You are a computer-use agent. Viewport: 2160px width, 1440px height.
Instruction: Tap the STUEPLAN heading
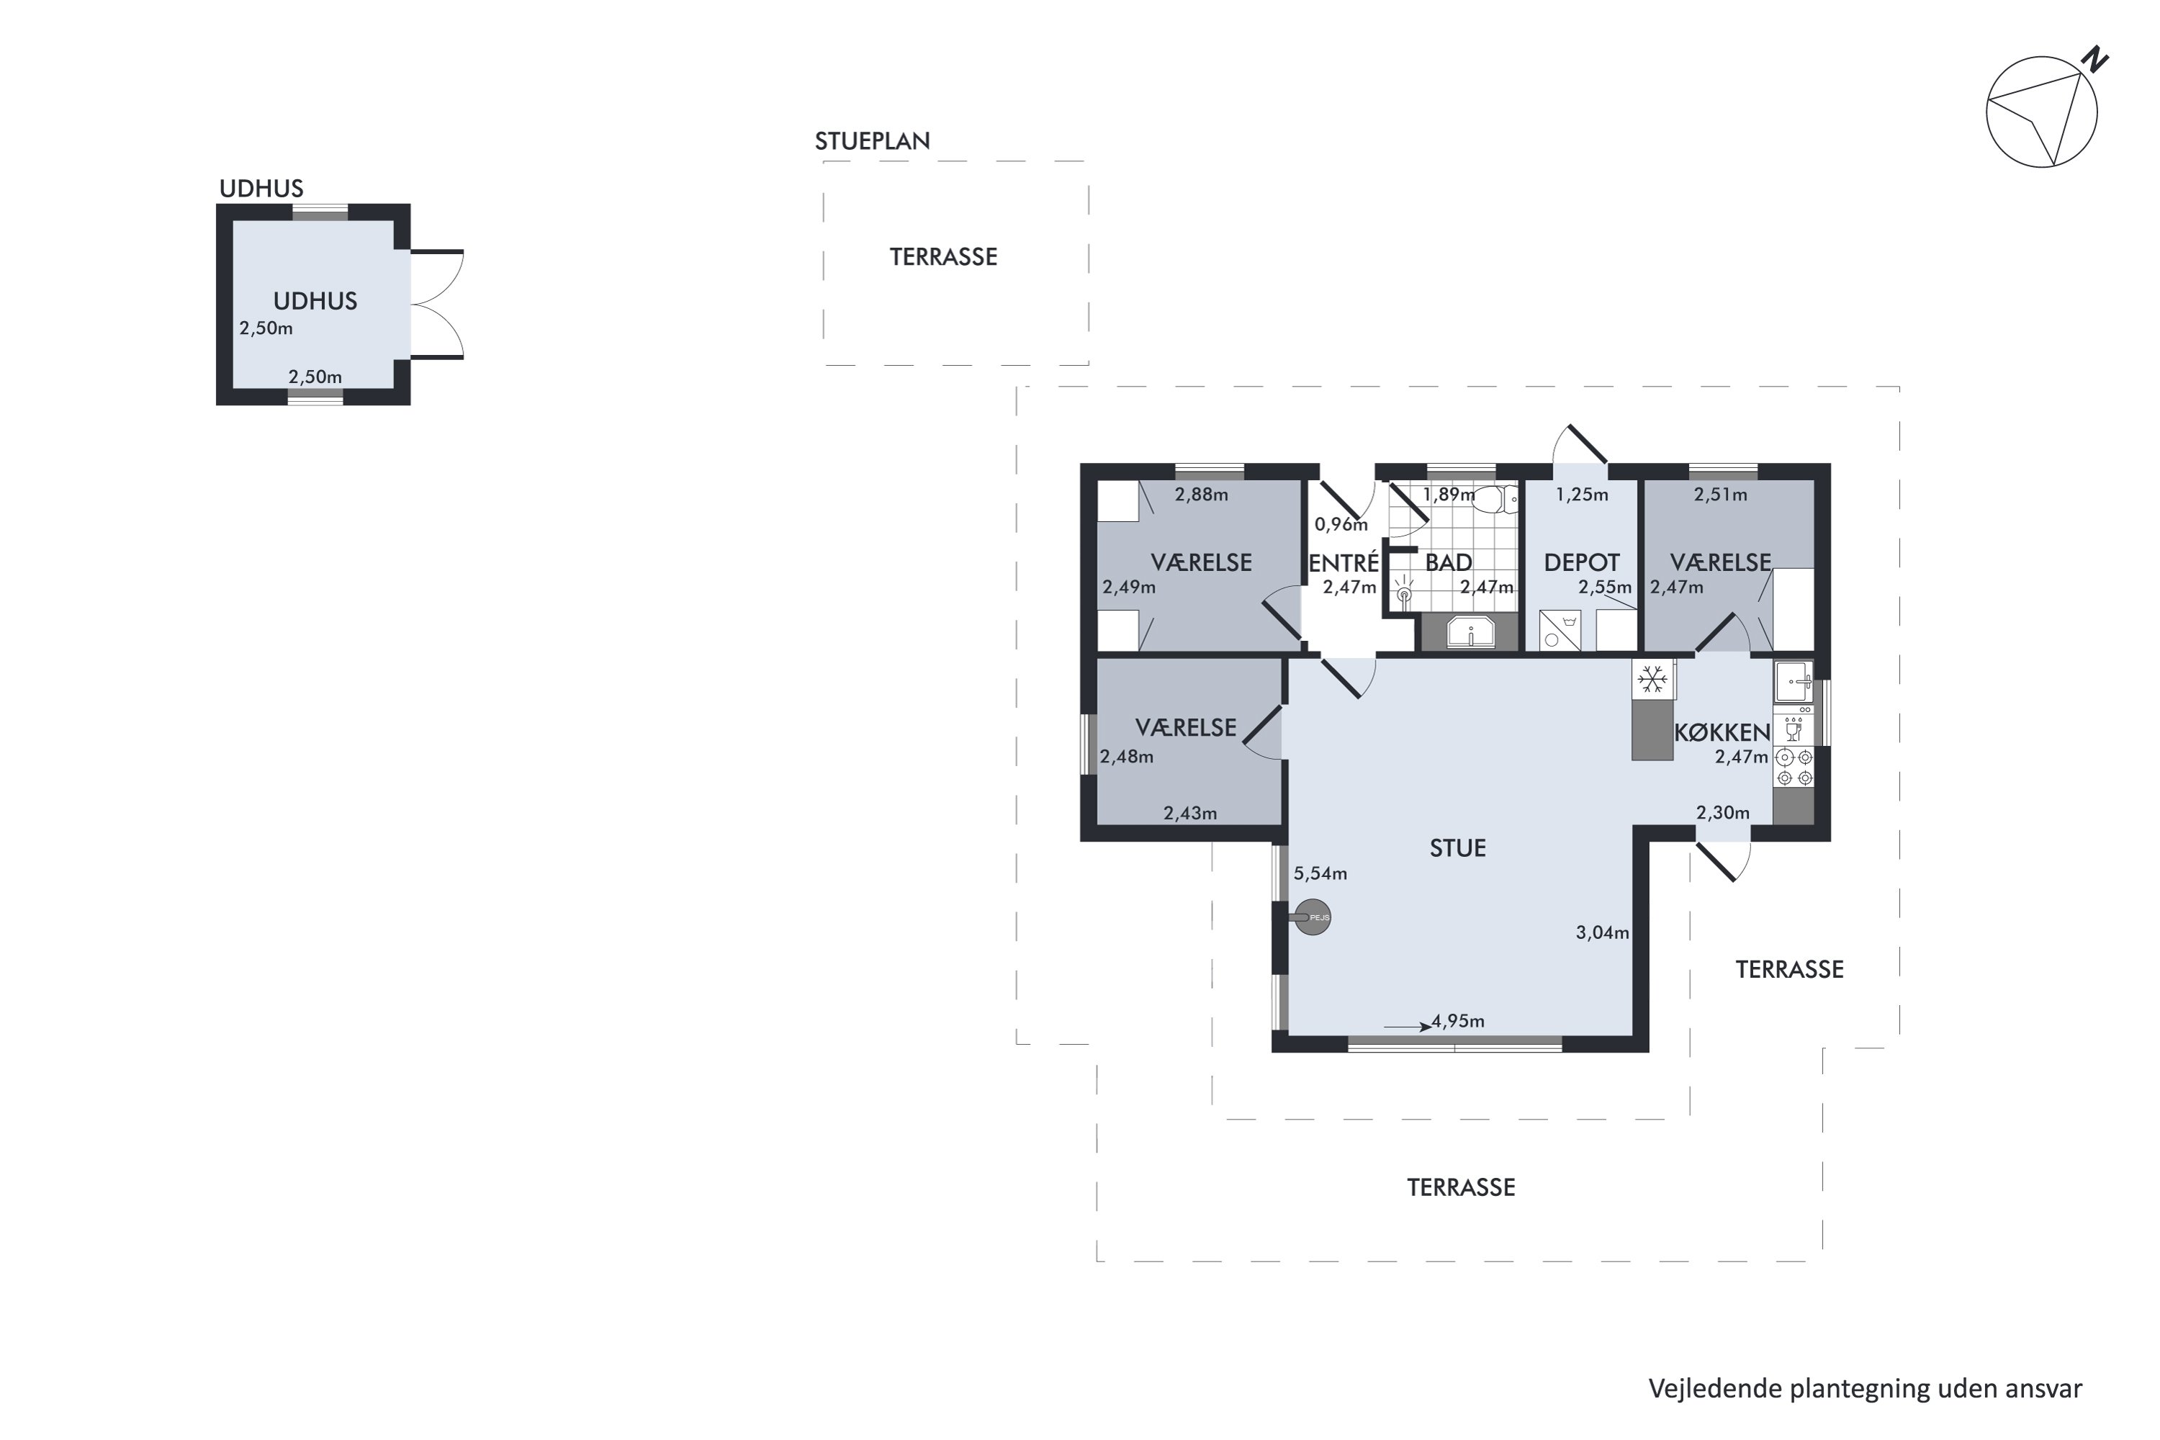[x=873, y=141]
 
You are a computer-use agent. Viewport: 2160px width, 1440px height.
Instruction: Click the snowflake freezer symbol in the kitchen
[x=1653, y=680]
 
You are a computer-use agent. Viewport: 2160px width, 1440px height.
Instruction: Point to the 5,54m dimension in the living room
[x=1320, y=873]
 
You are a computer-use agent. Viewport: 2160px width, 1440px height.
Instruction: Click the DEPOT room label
[x=1581, y=563]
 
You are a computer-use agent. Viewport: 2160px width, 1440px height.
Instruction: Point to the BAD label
[x=1448, y=563]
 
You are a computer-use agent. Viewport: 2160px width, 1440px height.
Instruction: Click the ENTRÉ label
[x=1344, y=562]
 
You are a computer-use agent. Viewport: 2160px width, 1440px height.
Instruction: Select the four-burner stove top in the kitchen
[x=1794, y=768]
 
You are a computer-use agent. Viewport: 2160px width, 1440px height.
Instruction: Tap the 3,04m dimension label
[x=1603, y=933]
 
